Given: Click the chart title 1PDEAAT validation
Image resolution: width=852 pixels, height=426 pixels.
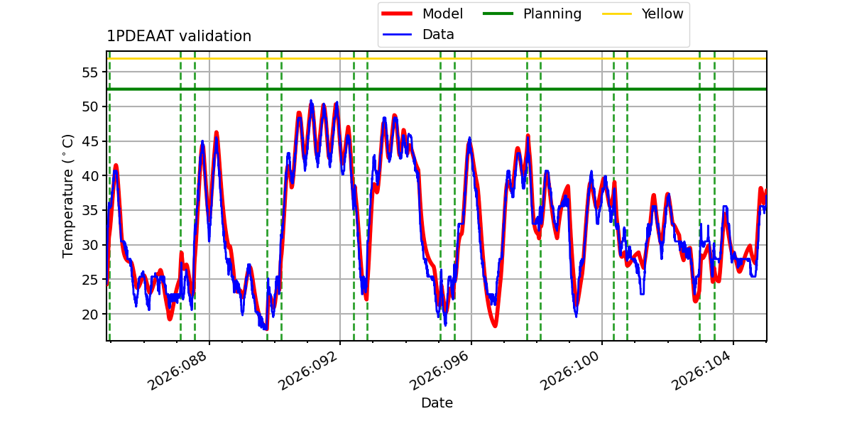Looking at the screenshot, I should coord(179,36).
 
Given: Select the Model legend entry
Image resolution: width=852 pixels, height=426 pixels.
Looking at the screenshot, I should coord(442,13).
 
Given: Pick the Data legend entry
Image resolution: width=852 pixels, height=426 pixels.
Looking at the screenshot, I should coord(438,34).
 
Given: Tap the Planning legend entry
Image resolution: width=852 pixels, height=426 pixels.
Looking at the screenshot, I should coord(552,13).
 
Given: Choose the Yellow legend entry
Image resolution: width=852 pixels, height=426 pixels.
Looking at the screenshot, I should coord(662,13).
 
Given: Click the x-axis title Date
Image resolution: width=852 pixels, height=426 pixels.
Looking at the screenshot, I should coord(437,403).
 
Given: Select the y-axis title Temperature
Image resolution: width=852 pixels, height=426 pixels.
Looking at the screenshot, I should coord(68,195).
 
